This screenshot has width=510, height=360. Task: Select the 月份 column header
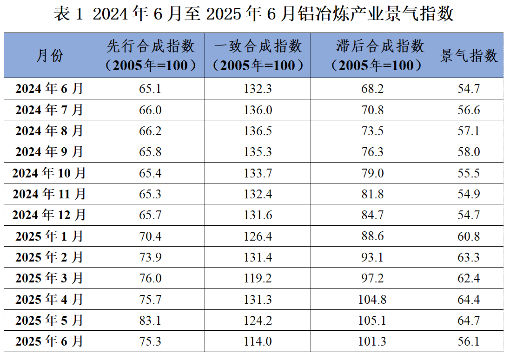point(50,56)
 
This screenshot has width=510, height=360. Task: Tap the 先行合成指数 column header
point(150,55)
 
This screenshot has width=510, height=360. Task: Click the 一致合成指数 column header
point(258,55)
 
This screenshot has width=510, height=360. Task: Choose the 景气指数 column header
point(469,56)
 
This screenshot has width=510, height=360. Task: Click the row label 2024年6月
point(49,88)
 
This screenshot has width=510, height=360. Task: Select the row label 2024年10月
point(49,173)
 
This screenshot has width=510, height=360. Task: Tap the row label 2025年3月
point(49,278)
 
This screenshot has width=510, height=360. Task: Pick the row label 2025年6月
point(49,341)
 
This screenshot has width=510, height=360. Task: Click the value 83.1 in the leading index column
point(150,321)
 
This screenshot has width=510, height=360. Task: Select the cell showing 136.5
point(258,131)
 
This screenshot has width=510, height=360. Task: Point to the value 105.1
point(372,321)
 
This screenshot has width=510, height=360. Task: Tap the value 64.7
point(469,321)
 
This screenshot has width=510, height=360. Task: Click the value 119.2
point(258,278)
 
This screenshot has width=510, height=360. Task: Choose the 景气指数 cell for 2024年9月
point(469,152)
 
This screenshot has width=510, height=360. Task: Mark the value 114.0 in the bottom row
point(258,341)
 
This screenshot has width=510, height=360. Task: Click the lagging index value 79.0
point(372,173)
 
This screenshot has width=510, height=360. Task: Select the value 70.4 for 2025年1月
point(150,236)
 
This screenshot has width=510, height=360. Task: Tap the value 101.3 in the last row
point(372,341)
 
